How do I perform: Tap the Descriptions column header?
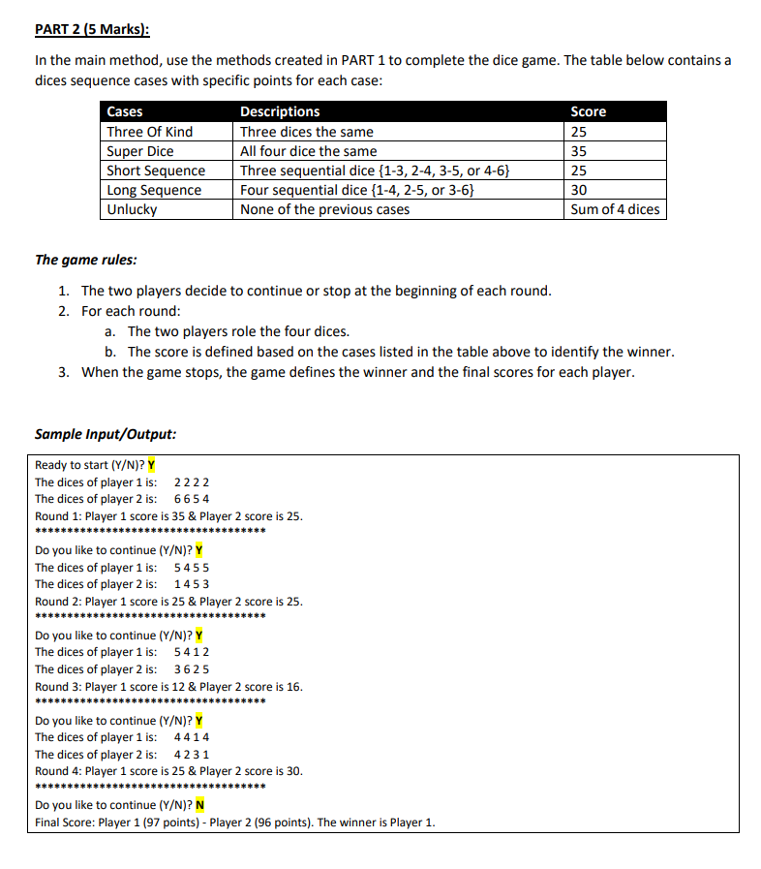coord(280,111)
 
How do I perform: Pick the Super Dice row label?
coord(139,151)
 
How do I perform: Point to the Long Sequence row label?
coord(154,190)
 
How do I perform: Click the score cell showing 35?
coord(580,151)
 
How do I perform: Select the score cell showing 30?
coord(580,190)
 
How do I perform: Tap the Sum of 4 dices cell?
coord(615,209)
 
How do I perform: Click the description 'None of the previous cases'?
coord(324,209)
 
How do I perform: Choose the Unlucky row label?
coord(132,209)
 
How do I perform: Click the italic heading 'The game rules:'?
coord(85,260)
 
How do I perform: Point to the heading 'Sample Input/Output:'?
coord(106,434)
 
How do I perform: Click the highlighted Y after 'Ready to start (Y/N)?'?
coord(151,465)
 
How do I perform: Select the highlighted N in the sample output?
coord(199,805)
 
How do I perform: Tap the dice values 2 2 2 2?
coord(192,482)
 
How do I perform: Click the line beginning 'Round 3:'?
coord(168,686)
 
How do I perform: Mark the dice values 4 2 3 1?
coord(192,755)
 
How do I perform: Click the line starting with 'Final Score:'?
coord(235,822)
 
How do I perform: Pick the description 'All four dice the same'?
coord(309,151)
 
